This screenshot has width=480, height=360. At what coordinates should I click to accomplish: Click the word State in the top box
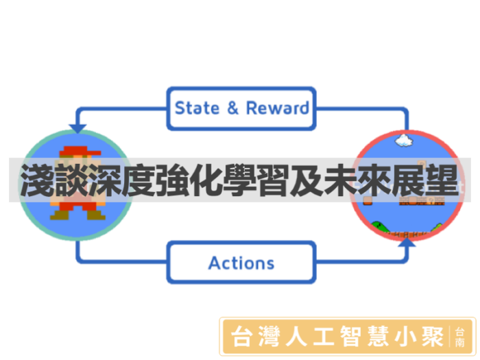click(x=197, y=108)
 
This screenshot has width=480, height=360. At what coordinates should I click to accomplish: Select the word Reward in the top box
click(x=278, y=108)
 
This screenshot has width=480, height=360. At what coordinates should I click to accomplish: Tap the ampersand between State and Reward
click(x=233, y=108)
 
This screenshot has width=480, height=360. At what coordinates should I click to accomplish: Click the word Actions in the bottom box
click(x=241, y=263)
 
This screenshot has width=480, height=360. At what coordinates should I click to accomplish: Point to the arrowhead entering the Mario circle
click(x=77, y=129)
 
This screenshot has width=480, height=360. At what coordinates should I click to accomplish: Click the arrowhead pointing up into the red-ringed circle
click(x=407, y=242)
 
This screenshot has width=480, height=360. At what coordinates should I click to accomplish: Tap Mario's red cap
click(x=80, y=152)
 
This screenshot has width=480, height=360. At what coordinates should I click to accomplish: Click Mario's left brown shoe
click(x=60, y=215)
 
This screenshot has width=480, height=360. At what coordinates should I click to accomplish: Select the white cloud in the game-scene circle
click(x=404, y=141)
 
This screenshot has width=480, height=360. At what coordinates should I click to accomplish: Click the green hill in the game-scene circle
click(x=381, y=228)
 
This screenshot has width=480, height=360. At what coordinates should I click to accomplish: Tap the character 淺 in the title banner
click(x=36, y=180)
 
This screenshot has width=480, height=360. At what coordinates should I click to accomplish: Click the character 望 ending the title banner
click(x=442, y=180)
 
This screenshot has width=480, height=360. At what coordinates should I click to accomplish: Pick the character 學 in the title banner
click(x=239, y=180)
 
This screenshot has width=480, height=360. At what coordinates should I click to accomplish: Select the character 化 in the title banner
click(x=206, y=180)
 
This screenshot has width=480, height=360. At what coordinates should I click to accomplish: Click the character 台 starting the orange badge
click(x=242, y=337)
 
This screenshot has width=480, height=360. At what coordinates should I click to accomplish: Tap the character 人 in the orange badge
click(x=296, y=337)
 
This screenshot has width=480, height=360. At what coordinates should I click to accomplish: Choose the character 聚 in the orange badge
click(x=432, y=337)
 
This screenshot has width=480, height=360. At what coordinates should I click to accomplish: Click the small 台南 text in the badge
click(x=459, y=337)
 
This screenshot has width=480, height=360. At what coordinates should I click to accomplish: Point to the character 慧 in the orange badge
click(x=378, y=337)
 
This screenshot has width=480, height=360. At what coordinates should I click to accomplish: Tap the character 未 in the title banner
click(x=340, y=180)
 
